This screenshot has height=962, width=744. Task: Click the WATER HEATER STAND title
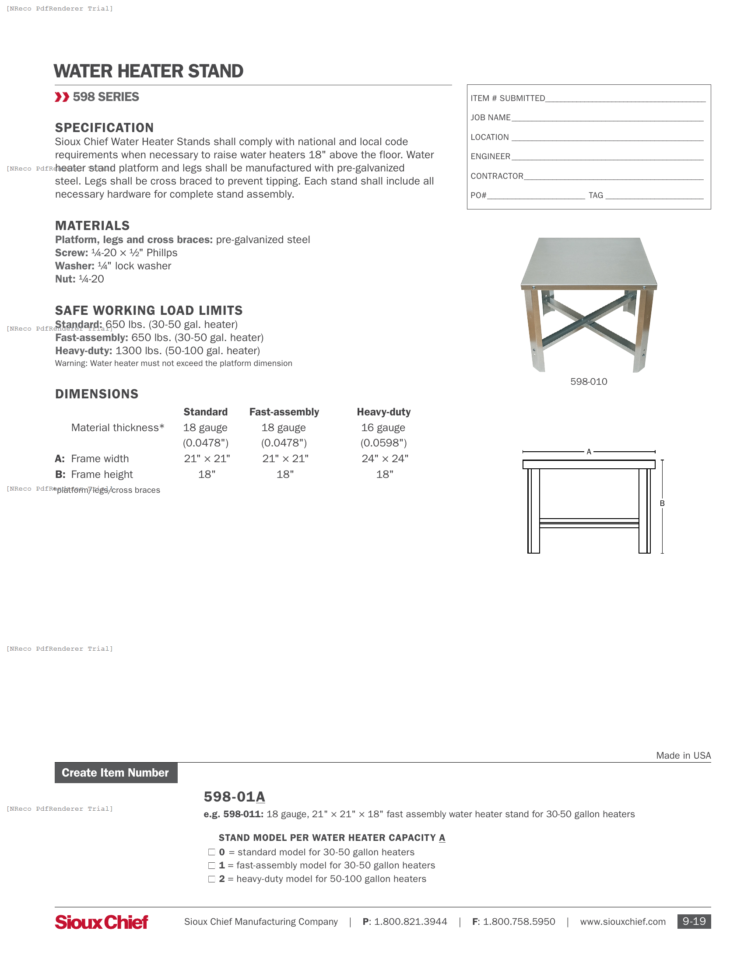(148, 71)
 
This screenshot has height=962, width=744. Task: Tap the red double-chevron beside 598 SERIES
(62, 97)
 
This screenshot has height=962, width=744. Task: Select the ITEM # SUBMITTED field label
(507, 98)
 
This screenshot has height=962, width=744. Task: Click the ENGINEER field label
(490, 157)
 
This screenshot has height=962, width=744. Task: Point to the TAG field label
(596, 195)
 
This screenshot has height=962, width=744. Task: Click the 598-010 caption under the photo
(588, 381)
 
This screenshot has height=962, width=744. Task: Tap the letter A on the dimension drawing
(588, 452)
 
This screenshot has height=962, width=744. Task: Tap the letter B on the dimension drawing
(662, 503)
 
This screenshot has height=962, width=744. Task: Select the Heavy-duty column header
(383, 412)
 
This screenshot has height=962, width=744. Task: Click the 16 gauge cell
(383, 428)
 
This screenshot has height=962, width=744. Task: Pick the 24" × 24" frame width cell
(385, 459)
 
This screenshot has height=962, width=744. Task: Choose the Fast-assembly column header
(284, 412)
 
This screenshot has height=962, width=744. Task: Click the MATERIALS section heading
(92, 226)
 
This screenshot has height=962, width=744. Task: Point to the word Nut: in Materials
(65, 279)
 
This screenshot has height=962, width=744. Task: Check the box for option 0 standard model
(211, 852)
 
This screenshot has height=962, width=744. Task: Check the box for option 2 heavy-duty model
(211, 879)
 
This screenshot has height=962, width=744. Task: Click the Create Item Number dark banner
(116, 773)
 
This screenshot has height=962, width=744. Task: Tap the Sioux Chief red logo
(102, 922)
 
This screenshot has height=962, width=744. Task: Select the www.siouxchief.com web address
(622, 921)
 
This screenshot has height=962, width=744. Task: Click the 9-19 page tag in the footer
(694, 921)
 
